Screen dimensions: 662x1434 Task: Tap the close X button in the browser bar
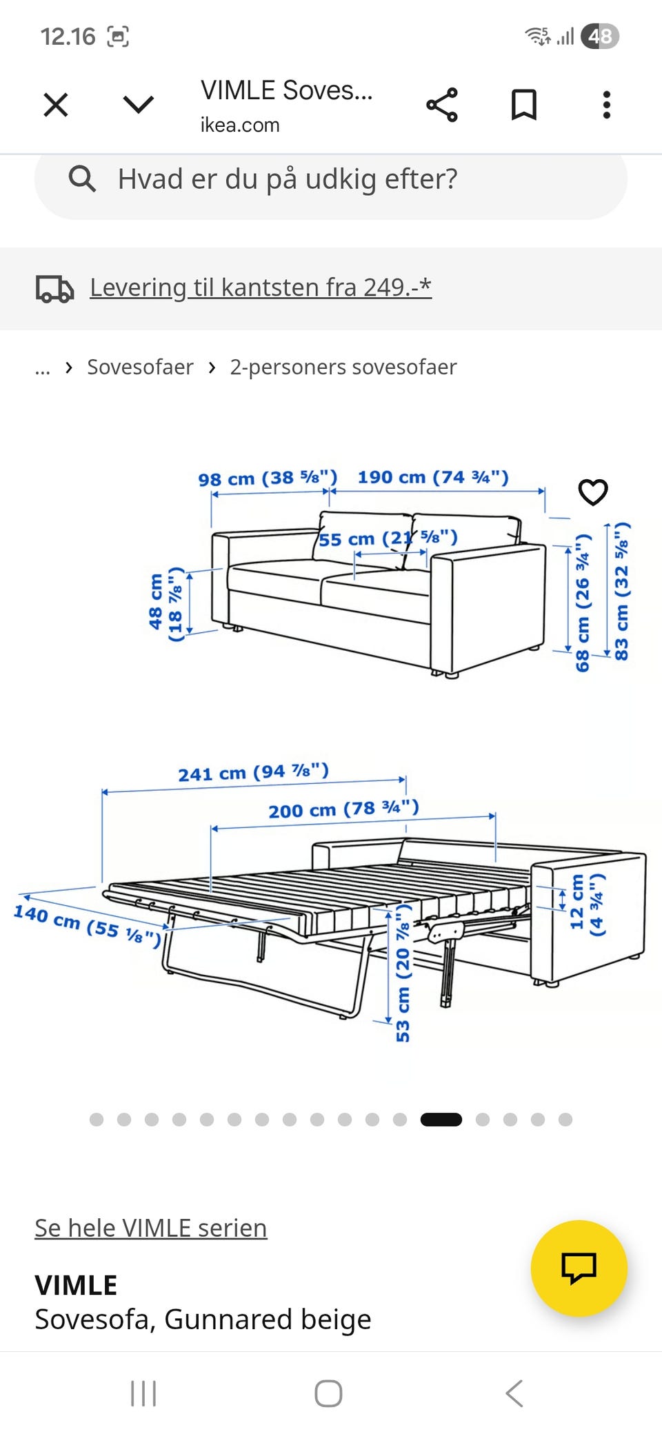(x=56, y=105)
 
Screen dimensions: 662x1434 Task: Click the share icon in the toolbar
(x=442, y=105)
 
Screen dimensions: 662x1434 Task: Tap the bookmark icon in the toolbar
(x=523, y=105)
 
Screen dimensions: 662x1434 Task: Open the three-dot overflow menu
(x=607, y=105)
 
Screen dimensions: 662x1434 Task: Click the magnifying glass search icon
(x=82, y=179)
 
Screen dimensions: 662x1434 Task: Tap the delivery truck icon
(x=54, y=289)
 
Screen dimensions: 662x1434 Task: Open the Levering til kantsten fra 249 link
(x=261, y=287)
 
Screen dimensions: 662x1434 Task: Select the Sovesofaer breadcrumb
(x=140, y=367)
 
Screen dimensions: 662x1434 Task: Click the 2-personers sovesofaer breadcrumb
(x=343, y=367)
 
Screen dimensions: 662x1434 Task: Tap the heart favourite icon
(x=593, y=492)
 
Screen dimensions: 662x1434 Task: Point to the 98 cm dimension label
(x=268, y=478)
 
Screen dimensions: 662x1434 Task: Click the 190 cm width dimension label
(x=433, y=477)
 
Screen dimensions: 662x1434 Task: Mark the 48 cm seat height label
(x=166, y=603)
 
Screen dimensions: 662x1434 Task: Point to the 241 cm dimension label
(x=254, y=772)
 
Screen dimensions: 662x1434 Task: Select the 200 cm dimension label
(x=343, y=809)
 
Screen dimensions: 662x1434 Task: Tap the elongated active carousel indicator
(x=441, y=1120)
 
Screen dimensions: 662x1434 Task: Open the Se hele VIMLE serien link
(x=151, y=1228)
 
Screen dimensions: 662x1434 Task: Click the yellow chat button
(x=579, y=1269)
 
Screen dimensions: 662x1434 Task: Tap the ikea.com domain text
(x=240, y=125)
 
